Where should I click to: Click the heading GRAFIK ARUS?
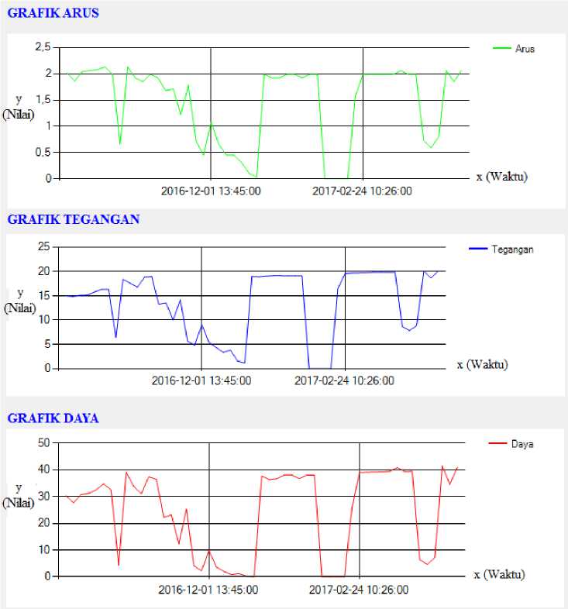(x=53, y=13)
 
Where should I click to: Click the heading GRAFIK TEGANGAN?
(x=74, y=219)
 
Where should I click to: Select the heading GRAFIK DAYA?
(x=53, y=418)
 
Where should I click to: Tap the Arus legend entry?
(x=514, y=49)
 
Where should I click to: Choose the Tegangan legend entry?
(x=501, y=249)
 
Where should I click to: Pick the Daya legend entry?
(x=511, y=444)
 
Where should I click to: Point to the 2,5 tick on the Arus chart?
(x=43, y=47)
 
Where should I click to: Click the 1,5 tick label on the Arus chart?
(x=43, y=100)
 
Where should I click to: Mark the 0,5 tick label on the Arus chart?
(x=43, y=152)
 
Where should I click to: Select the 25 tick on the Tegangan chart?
(x=44, y=246)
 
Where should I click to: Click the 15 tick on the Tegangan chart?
(x=44, y=295)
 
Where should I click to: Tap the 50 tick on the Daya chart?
(x=44, y=442)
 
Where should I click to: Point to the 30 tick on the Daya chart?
(x=44, y=496)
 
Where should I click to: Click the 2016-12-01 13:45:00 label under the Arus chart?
(x=211, y=191)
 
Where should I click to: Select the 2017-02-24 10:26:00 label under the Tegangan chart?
(x=344, y=380)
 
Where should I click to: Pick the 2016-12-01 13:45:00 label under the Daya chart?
(x=208, y=590)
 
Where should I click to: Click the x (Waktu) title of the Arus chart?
(x=502, y=177)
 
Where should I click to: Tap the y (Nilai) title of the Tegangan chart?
(x=20, y=301)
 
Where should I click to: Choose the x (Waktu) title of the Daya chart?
(x=499, y=574)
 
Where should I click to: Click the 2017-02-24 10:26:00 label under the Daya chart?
(x=359, y=590)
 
